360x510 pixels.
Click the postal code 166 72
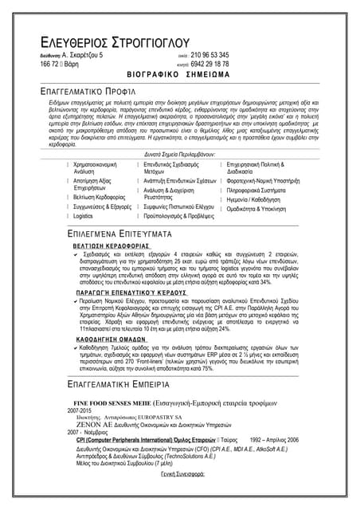tap(52, 64)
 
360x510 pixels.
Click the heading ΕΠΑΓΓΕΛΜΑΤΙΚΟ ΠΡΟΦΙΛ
tap(98, 91)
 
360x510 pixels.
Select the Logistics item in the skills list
tap(84, 216)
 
